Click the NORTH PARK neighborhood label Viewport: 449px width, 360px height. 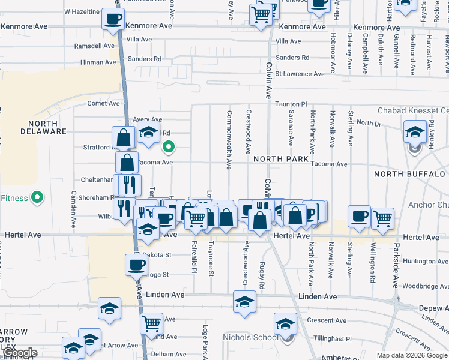tap(281, 159)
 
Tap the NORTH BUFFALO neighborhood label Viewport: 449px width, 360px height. tap(411, 174)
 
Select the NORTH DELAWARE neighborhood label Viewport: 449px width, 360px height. tap(43, 127)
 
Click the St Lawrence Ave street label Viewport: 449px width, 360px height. tap(300, 74)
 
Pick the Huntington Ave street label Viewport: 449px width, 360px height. tap(426, 261)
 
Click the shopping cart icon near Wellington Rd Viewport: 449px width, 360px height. tap(382, 218)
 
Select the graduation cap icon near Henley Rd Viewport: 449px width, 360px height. tap(415, 132)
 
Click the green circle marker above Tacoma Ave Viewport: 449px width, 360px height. tap(169, 146)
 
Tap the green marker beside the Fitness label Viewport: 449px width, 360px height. tap(37, 197)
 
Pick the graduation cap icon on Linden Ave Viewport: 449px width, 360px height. tap(244, 303)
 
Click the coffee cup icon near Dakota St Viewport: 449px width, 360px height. tap(136, 265)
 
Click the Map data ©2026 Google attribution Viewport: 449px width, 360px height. tap(412, 355)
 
